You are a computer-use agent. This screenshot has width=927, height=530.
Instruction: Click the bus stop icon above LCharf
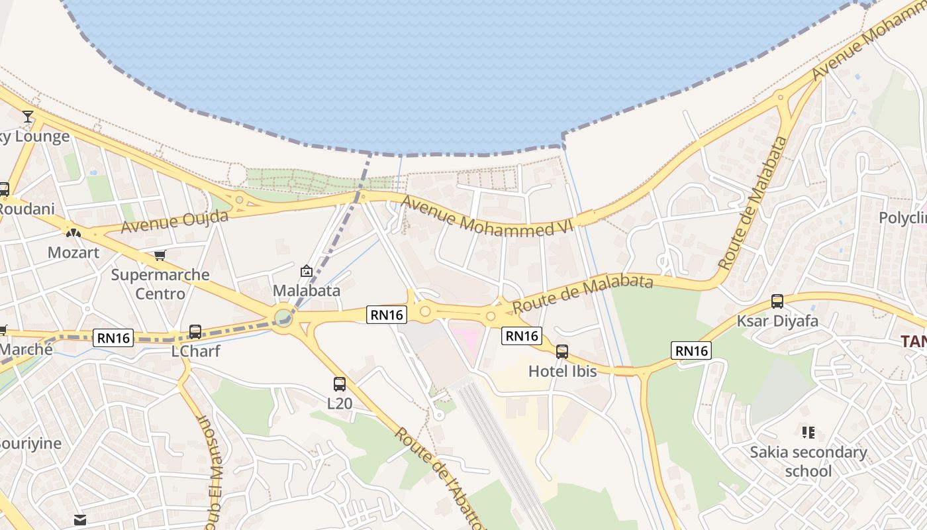click(x=195, y=331)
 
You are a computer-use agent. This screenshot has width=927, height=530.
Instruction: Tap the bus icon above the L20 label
click(x=340, y=384)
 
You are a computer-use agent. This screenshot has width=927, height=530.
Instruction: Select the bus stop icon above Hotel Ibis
click(x=562, y=352)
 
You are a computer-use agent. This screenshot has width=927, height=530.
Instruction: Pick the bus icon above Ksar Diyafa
click(x=777, y=301)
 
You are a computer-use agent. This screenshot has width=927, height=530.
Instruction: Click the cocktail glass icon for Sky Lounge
click(x=27, y=117)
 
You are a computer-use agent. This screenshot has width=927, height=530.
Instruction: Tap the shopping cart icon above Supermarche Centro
click(x=160, y=255)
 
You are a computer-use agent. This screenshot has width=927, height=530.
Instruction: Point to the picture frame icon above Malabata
click(x=306, y=271)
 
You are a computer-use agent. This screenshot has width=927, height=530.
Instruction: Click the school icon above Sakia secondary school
click(x=808, y=433)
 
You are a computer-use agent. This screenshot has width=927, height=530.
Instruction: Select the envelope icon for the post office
click(x=80, y=520)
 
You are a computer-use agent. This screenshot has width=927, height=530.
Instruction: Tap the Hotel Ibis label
click(x=562, y=372)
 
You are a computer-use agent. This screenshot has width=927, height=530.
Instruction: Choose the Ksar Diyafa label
click(x=777, y=321)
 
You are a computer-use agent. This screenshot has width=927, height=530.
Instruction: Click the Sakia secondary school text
click(x=808, y=462)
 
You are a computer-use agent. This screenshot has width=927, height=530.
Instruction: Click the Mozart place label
click(x=73, y=252)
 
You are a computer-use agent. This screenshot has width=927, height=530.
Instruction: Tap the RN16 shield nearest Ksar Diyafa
click(x=691, y=350)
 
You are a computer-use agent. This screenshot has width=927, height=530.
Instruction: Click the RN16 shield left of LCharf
click(x=113, y=338)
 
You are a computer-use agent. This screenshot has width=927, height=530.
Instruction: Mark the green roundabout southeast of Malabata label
click(x=283, y=317)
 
